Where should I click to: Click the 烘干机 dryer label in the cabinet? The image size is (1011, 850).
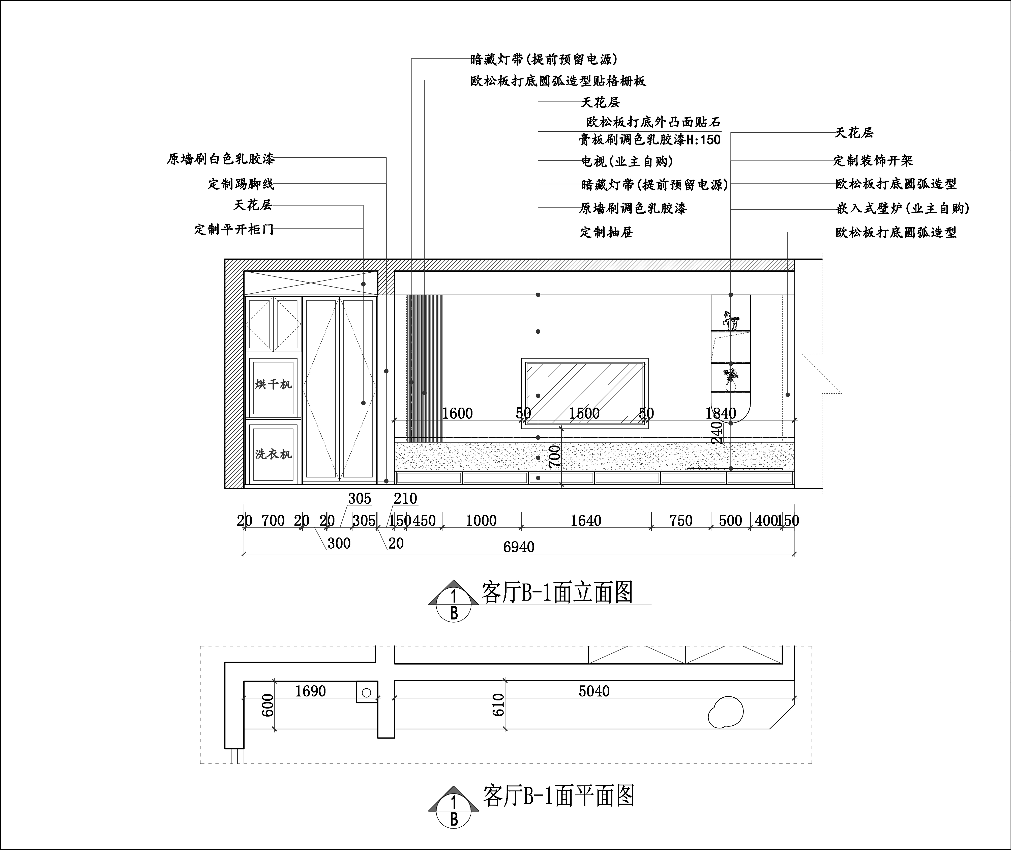click(273, 384)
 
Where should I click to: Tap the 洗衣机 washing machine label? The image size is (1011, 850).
click(273, 454)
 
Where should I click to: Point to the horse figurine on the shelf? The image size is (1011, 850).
click(730, 320)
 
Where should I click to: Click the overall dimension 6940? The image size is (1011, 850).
click(519, 547)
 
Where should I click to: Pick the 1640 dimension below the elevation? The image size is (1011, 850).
click(586, 520)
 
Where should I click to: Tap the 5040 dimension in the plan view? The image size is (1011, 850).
click(594, 691)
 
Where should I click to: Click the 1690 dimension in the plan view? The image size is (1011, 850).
click(310, 691)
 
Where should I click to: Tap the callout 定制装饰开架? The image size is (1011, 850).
click(873, 160)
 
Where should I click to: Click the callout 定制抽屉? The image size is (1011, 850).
click(606, 232)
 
